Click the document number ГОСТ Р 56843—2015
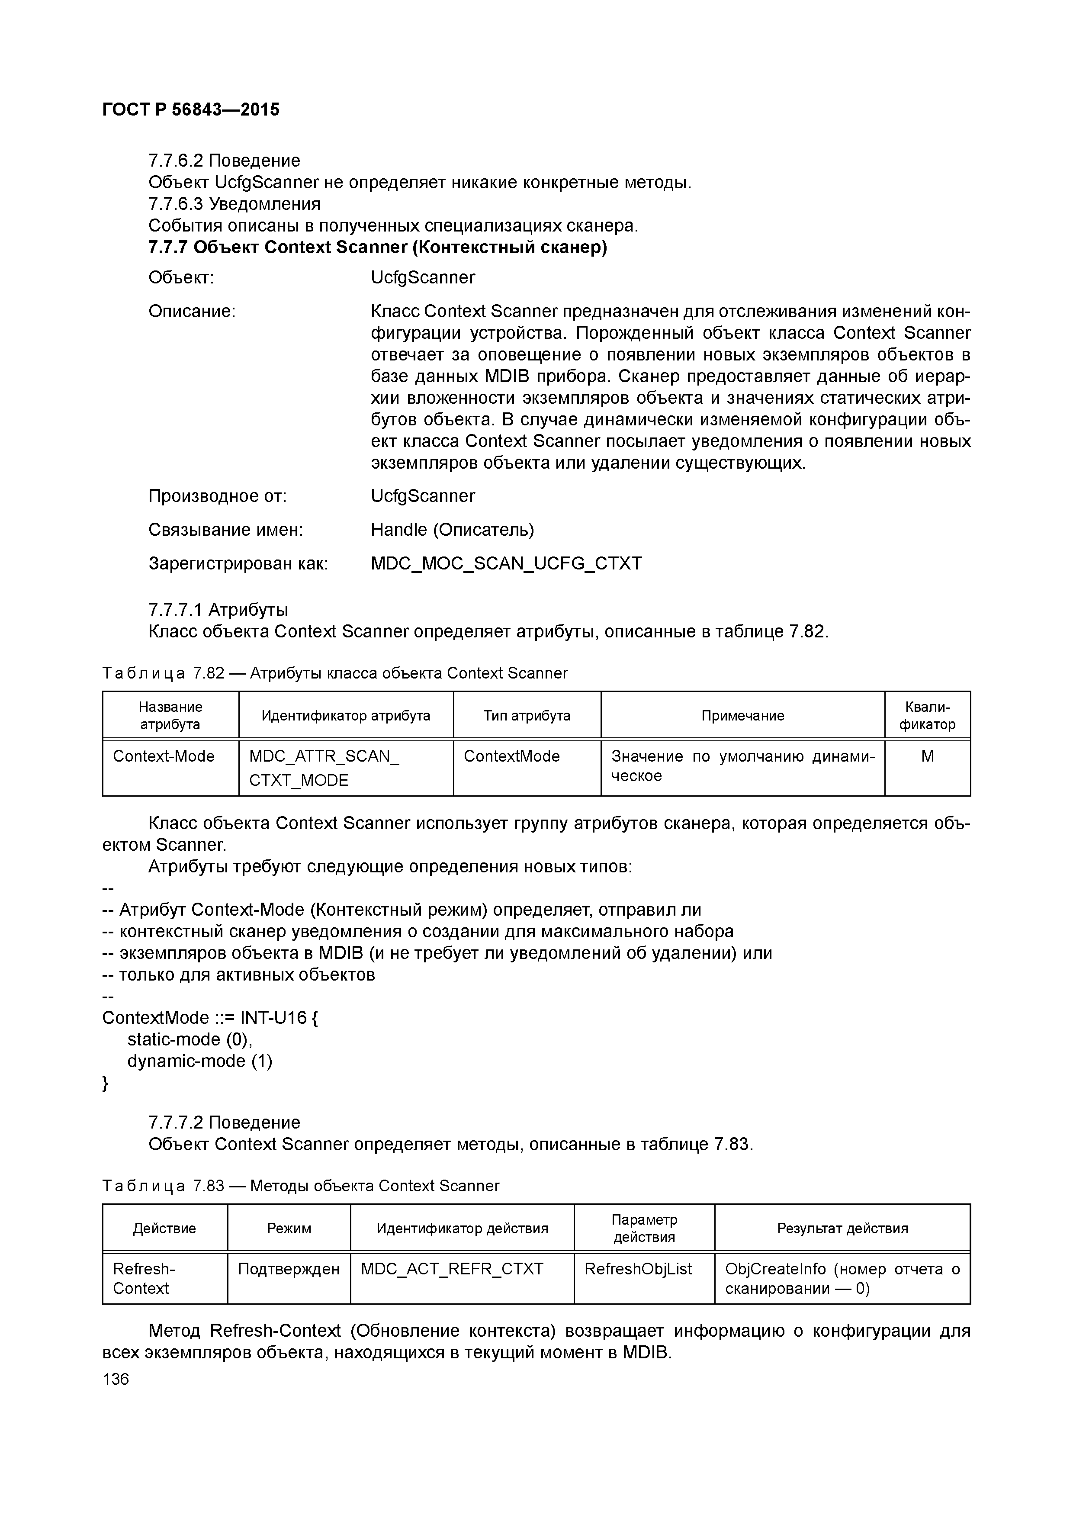pyautogui.click(x=191, y=110)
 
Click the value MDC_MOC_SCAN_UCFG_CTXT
pyautogui.click(x=506, y=563)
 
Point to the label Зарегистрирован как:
pyautogui.click(x=238, y=563)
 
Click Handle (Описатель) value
pyautogui.click(x=452, y=530)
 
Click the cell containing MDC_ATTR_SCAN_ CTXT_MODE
pyautogui.click(x=324, y=768)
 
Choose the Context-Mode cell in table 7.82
pyautogui.click(x=164, y=756)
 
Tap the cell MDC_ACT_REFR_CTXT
pyautogui.click(x=452, y=1269)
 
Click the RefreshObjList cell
pyautogui.click(x=638, y=1269)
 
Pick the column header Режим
pyautogui.click(x=289, y=1229)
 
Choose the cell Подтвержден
pyautogui.click(x=289, y=1269)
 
